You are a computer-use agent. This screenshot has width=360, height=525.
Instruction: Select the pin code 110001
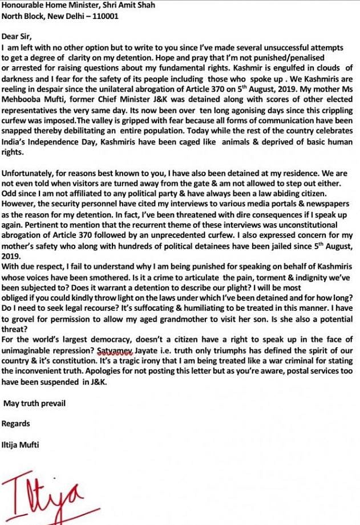[103, 16]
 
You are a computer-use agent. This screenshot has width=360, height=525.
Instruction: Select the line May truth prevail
[34, 404]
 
